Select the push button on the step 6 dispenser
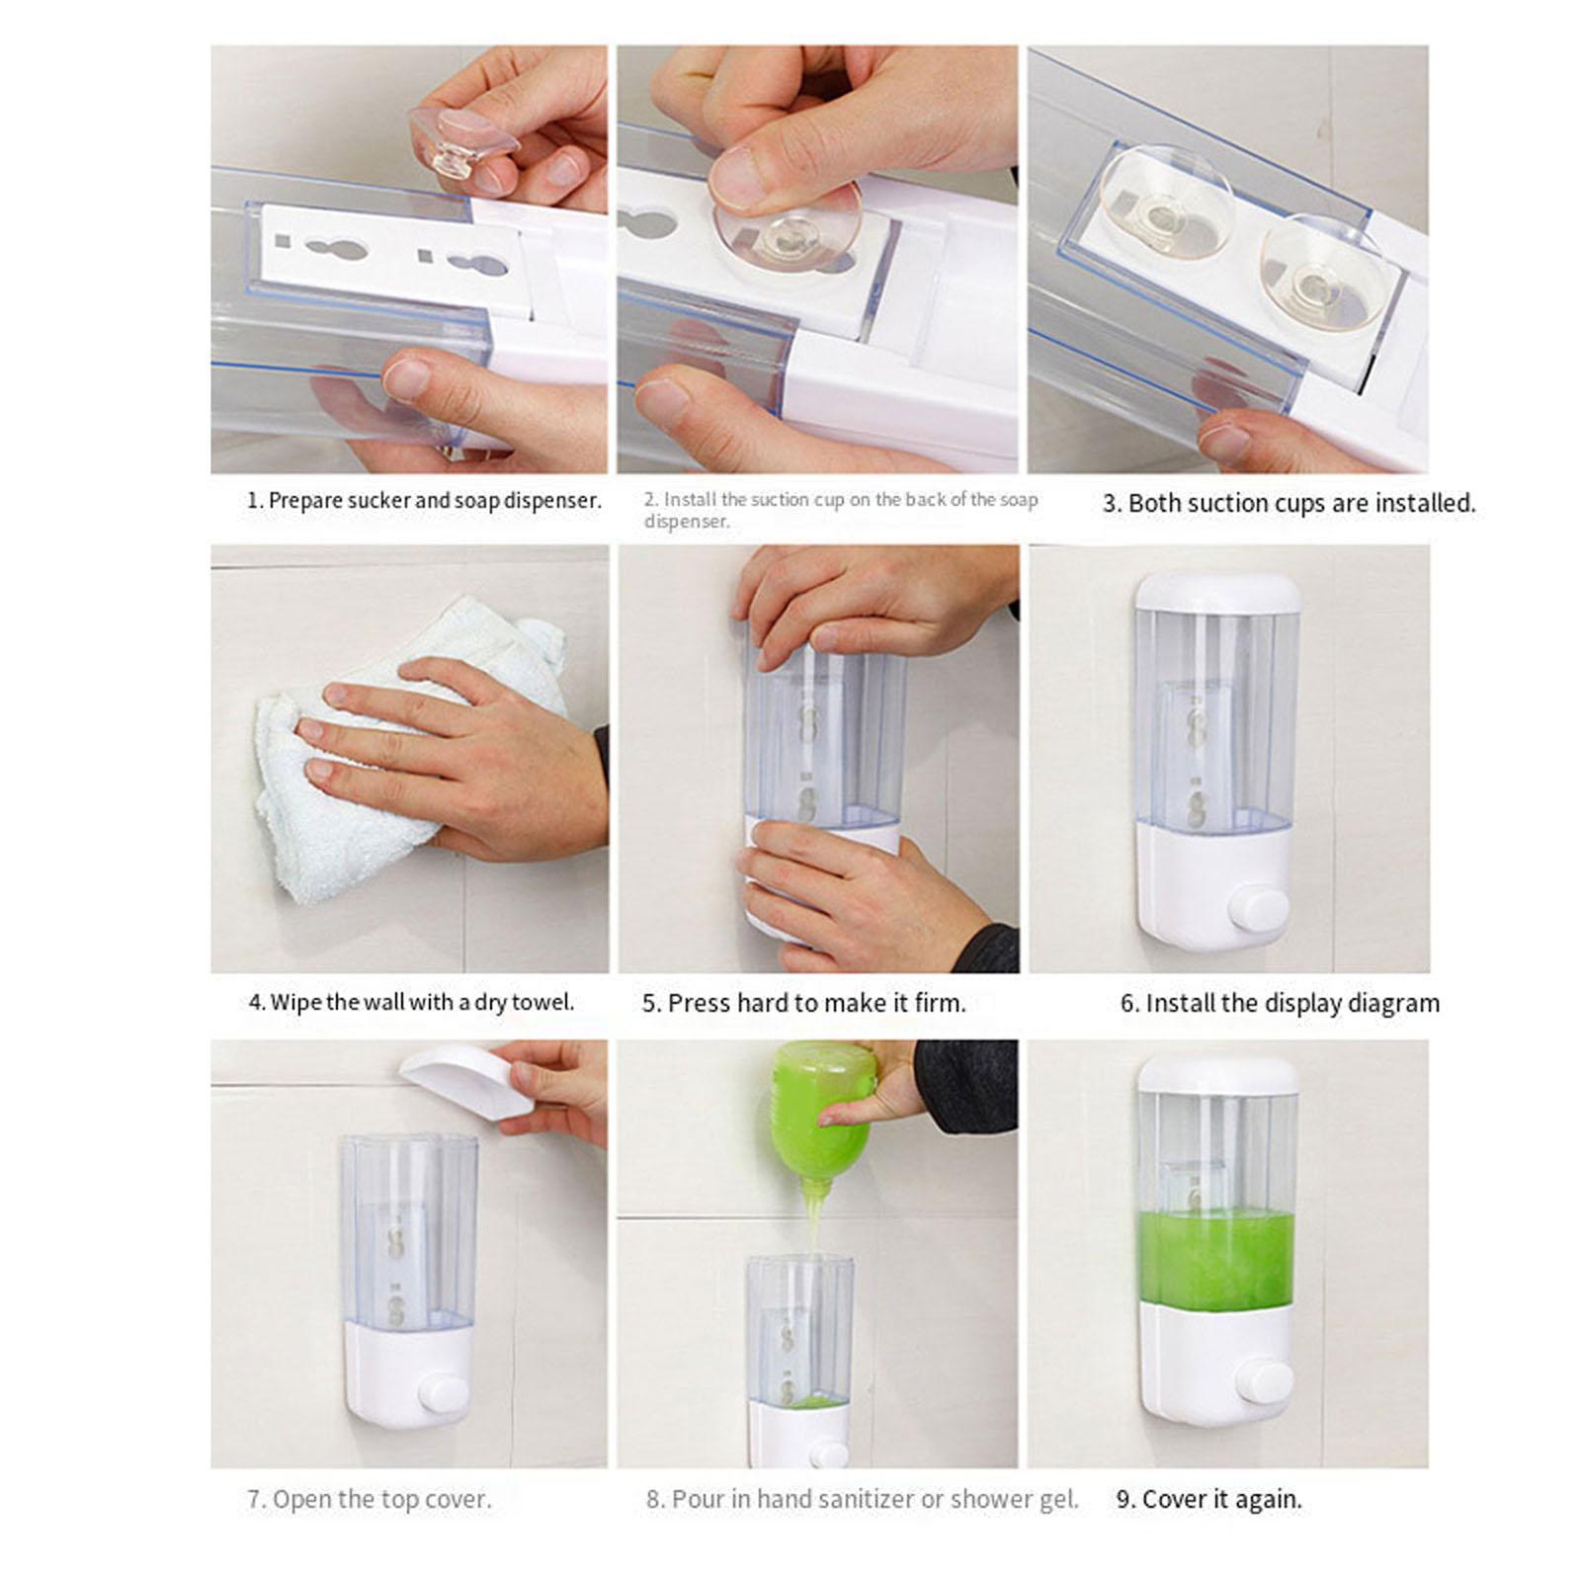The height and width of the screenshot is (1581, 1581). click(x=1260, y=910)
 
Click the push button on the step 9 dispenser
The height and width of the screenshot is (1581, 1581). click(x=1264, y=1380)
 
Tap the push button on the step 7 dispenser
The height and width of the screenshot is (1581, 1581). click(x=444, y=1394)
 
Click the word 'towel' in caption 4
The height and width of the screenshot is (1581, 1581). click(x=542, y=1002)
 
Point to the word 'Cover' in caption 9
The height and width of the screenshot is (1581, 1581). click(x=1174, y=1499)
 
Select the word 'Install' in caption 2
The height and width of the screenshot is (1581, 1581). click(x=689, y=500)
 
